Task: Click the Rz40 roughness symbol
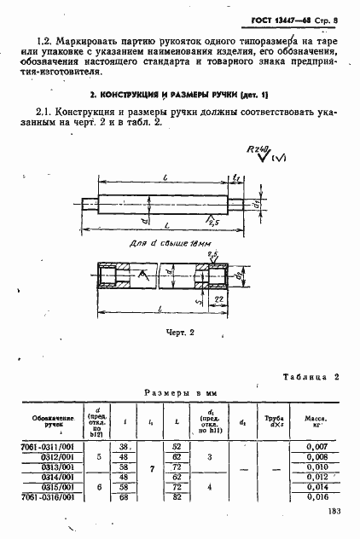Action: [257, 152]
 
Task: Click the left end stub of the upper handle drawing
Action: [89, 204]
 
